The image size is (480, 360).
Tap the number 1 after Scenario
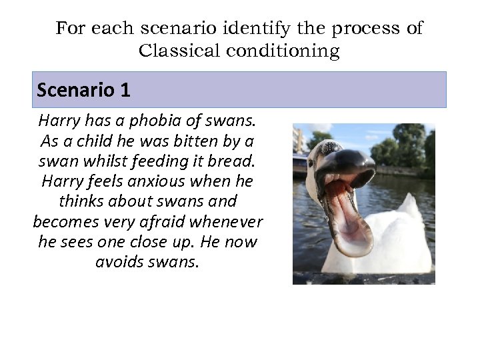point(125,90)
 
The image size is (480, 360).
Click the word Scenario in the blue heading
point(76,90)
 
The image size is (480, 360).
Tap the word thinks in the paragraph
point(81,201)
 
